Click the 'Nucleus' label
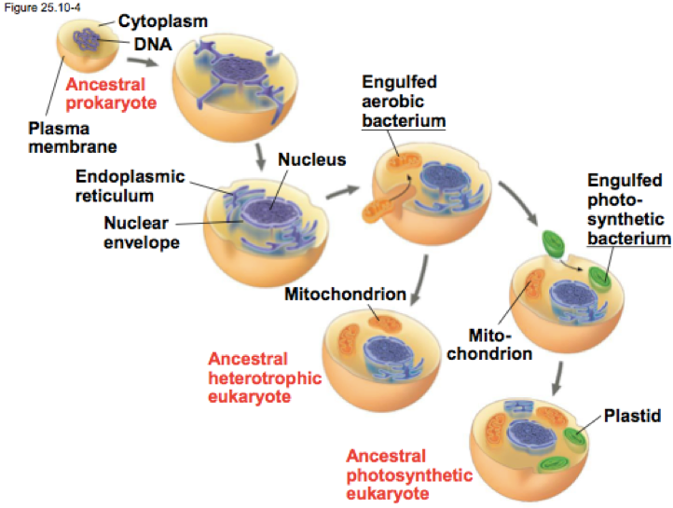(311, 159)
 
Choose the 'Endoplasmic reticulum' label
(130, 185)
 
